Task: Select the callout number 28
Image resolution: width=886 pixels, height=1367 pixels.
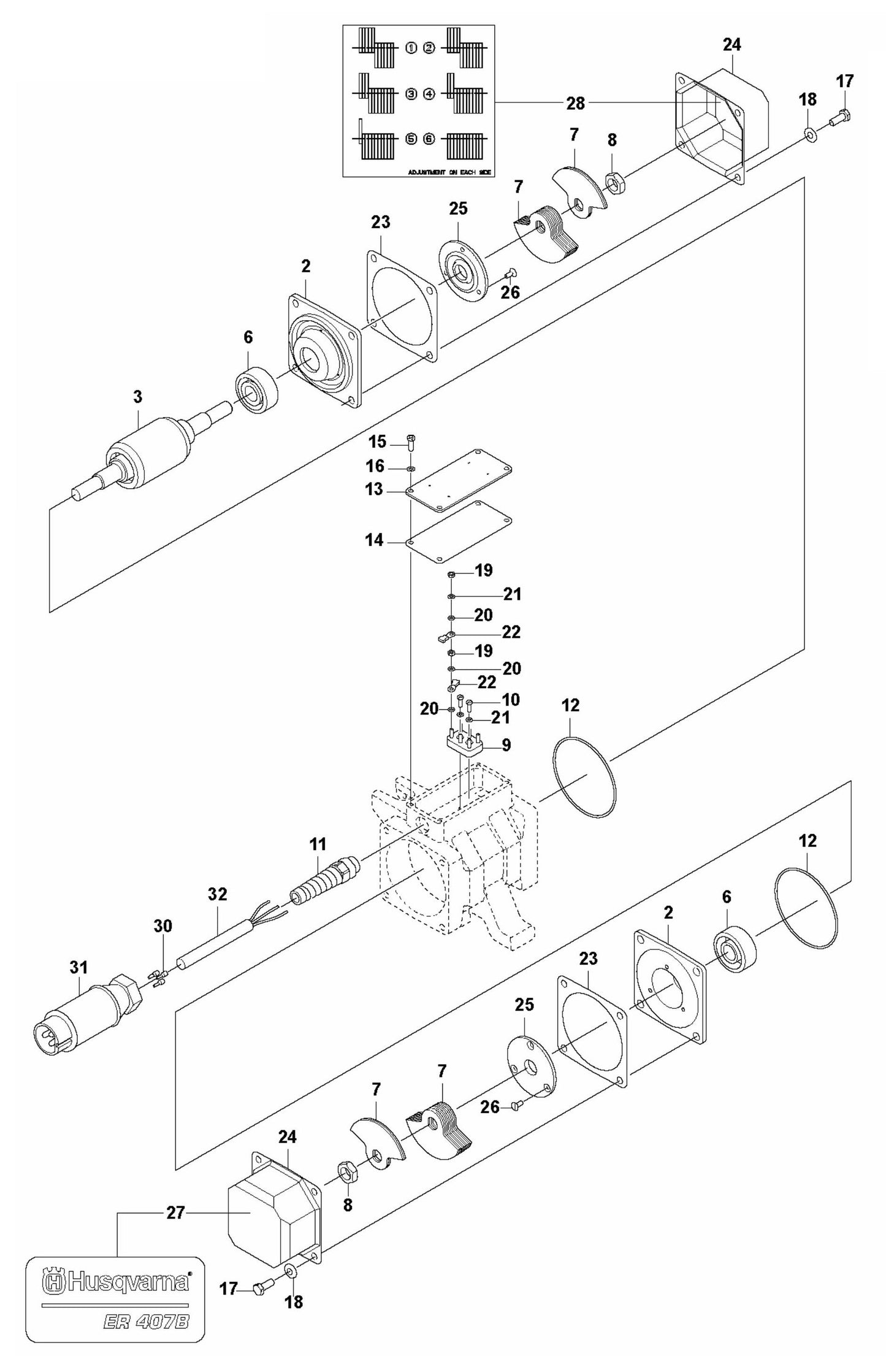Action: pos(575,104)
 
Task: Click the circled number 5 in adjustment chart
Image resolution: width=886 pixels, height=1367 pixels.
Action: pos(411,139)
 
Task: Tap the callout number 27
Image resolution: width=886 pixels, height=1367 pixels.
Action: pos(175,1213)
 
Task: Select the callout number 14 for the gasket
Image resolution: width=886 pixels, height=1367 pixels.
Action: pos(374,540)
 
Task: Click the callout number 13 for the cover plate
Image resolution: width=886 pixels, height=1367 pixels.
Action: pos(374,489)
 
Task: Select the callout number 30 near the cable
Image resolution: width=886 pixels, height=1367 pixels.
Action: pos(162,926)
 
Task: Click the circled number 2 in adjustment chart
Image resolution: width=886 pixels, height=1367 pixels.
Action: pos(429,47)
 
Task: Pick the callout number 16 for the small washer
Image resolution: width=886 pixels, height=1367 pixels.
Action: pos(375,467)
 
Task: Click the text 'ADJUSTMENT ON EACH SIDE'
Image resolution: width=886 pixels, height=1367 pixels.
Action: pos(449,174)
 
